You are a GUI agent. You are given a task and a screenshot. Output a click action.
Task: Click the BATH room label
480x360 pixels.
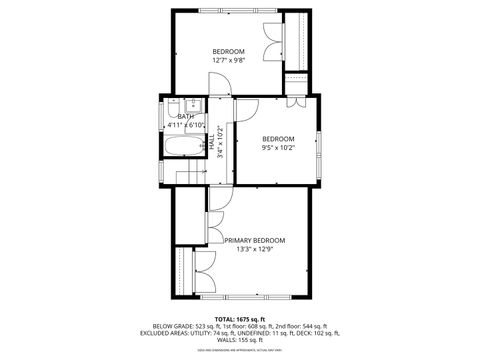186,117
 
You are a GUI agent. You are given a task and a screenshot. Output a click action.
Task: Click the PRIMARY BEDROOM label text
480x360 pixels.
255,241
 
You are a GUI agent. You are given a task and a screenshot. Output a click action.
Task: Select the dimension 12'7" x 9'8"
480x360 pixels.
228,60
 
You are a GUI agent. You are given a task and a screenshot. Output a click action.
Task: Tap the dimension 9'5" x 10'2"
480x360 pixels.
278,147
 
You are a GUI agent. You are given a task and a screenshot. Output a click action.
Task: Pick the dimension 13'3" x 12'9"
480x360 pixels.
255,251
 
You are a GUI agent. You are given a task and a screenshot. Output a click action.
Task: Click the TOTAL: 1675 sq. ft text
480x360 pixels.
239,318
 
